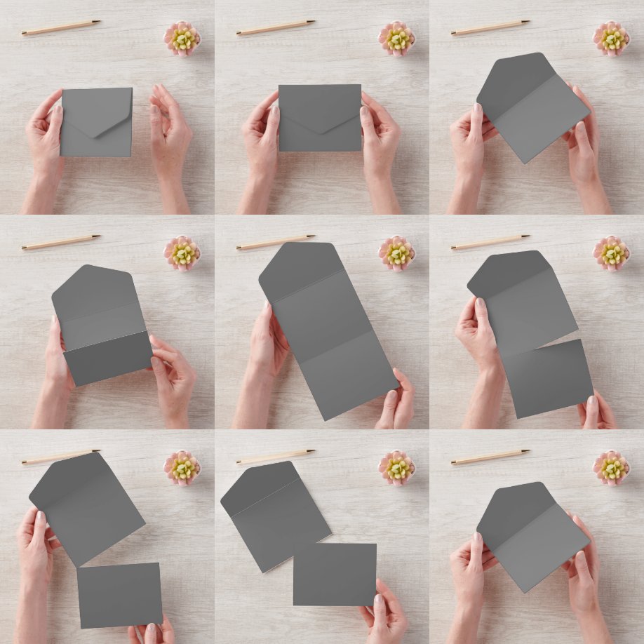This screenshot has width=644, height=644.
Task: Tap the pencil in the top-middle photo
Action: point(276,28)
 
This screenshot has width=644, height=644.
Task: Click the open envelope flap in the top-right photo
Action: point(510,81)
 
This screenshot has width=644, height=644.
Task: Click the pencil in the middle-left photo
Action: point(60,243)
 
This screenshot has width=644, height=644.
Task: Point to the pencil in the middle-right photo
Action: point(490,243)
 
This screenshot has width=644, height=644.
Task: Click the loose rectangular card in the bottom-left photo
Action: point(119,595)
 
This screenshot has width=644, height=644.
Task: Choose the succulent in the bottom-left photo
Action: point(182,467)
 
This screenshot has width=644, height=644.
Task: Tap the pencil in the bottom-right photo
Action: point(490,457)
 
